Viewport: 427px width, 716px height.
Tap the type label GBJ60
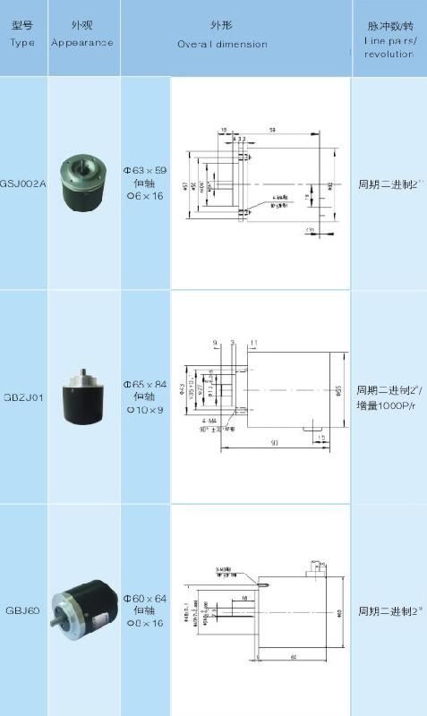[x=22, y=612]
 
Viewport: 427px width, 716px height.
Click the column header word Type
[x=22, y=42]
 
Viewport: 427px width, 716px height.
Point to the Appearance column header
[x=82, y=42]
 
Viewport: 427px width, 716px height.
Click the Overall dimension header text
[x=221, y=43]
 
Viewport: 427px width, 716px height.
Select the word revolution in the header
[x=389, y=54]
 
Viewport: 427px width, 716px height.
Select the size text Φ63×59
[x=145, y=168]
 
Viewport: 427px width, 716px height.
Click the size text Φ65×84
[x=145, y=383]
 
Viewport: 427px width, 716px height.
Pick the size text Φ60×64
[x=145, y=597]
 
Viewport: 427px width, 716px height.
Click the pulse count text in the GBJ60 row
[x=389, y=612]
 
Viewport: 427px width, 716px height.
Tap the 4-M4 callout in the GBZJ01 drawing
[x=209, y=420]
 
